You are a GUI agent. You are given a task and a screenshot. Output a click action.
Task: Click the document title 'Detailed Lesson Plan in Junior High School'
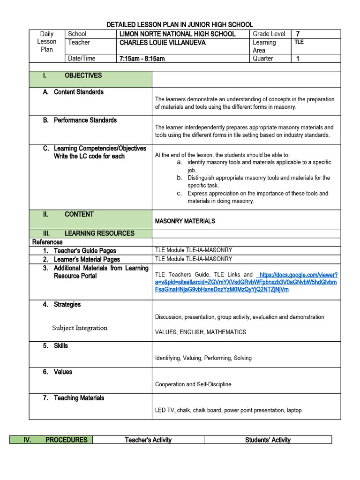pyautogui.click(x=180, y=24)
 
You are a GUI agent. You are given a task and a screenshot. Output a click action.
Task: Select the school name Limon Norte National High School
pyautogui.click(x=177, y=34)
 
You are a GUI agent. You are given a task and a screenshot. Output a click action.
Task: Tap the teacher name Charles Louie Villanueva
pyautogui.click(x=162, y=43)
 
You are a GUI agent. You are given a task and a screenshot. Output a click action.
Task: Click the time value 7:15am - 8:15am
pyautogui.click(x=142, y=59)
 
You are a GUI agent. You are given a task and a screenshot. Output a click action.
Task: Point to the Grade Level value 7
pyautogui.click(x=298, y=34)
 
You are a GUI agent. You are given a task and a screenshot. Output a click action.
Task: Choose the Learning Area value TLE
pyautogui.click(x=299, y=42)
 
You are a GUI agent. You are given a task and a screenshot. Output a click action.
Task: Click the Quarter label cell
pyautogui.click(x=262, y=59)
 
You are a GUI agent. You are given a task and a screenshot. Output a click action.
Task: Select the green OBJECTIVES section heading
pyautogui.click(x=83, y=75)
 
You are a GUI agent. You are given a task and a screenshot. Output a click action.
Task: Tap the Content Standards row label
pyautogui.click(x=78, y=92)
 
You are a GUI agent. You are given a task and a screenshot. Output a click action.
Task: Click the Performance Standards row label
pyautogui.click(x=85, y=120)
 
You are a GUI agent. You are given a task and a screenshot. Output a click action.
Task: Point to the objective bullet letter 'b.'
pyautogui.click(x=179, y=178)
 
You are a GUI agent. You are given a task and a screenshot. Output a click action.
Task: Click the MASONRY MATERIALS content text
pyautogui.click(x=185, y=221)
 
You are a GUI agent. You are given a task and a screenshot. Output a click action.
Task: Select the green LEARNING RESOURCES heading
pyautogui.click(x=99, y=233)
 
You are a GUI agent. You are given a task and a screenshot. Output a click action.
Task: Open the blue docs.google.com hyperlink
pyautogui.click(x=246, y=282)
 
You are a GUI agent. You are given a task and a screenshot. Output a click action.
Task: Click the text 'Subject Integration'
pyautogui.click(x=80, y=328)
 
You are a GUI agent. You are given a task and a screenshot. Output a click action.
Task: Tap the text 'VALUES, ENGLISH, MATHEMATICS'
pyautogui.click(x=200, y=332)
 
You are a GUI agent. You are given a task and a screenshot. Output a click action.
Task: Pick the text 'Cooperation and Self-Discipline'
pyautogui.click(x=193, y=384)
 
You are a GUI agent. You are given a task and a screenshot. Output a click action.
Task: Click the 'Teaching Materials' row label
pyautogui.click(x=79, y=398)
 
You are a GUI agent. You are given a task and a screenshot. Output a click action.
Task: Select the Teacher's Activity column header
pyautogui.click(x=148, y=440)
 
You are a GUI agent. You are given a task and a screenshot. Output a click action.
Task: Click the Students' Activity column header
pyautogui.click(x=268, y=440)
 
